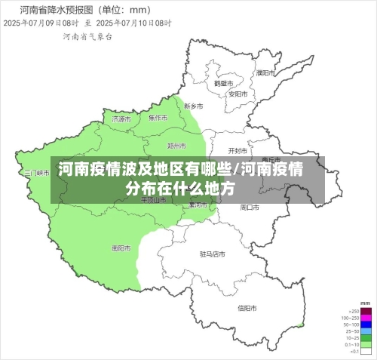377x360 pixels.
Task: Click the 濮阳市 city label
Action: [x=264, y=73]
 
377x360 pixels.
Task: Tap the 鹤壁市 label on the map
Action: [x=221, y=84]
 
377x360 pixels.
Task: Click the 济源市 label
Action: [x=121, y=119]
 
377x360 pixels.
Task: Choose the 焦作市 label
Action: [x=158, y=118]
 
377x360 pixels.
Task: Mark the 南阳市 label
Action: [x=121, y=248]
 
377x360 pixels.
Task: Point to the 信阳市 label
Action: [x=247, y=307]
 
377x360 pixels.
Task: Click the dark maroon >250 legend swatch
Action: [x=366, y=311]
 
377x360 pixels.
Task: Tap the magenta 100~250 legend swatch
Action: [x=366, y=318]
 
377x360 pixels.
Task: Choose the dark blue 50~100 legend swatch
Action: [x=366, y=325]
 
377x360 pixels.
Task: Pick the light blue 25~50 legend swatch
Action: [x=366, y=331]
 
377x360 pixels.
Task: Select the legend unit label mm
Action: [x=366, y=304]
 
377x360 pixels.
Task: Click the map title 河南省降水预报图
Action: [x=51, y=11]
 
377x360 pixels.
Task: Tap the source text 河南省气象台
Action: [x=87, y=35]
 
